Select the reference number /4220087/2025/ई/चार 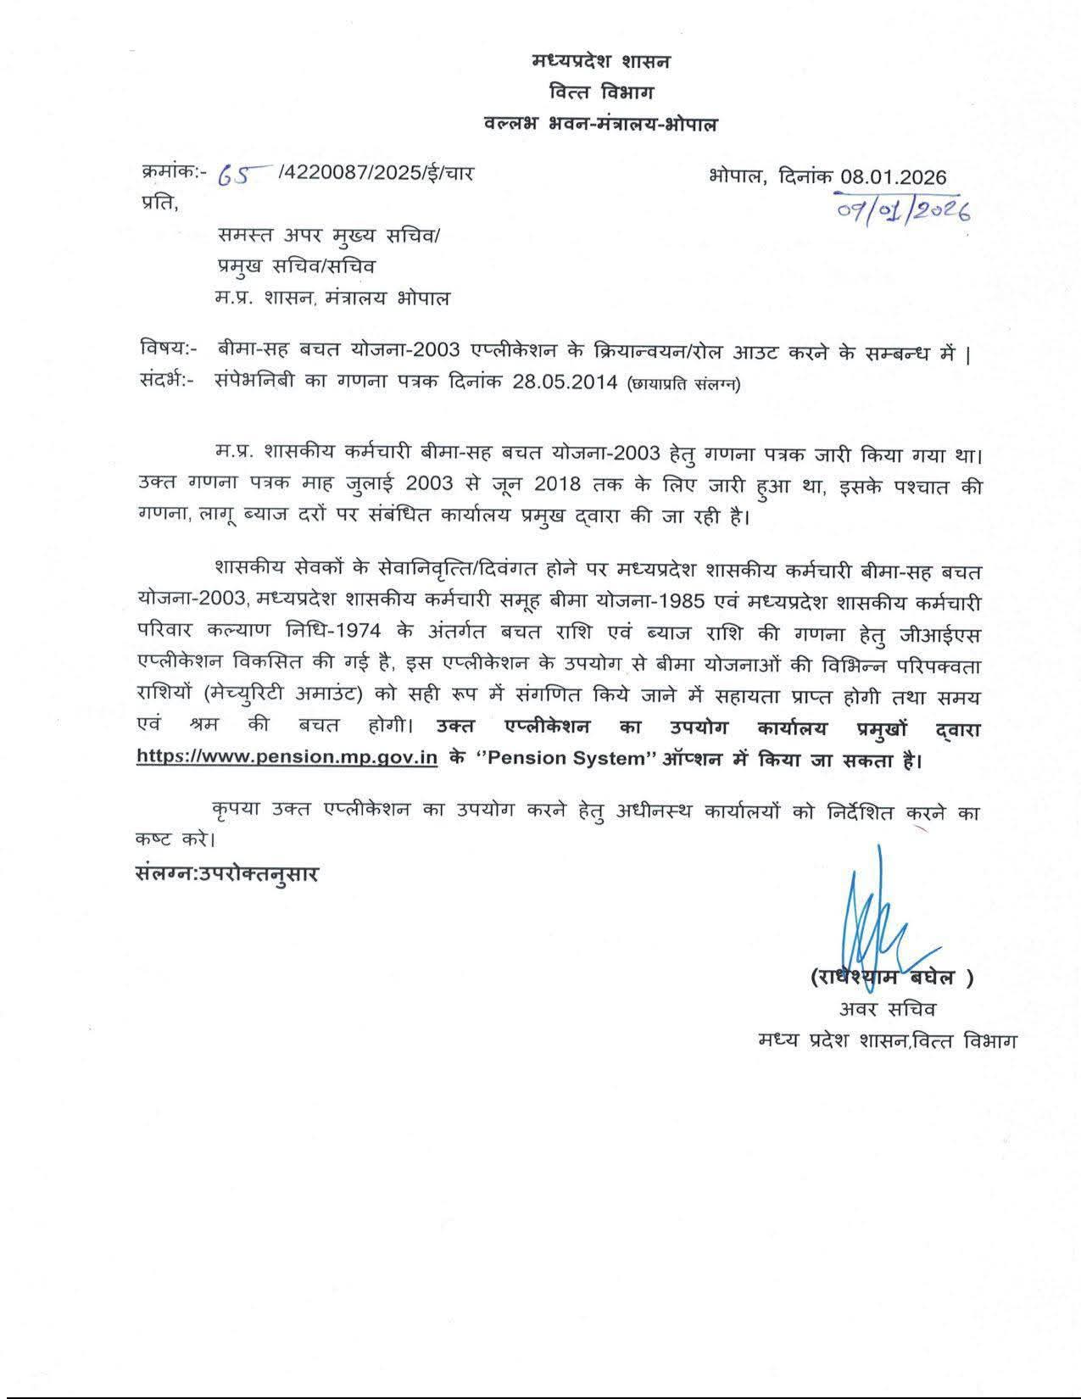[376, 174]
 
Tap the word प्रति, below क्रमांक [159, 203]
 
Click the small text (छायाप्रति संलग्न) [683, 383]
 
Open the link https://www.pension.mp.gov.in [287, 758]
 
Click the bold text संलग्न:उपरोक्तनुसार [227, 873]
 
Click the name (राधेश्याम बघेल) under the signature [890, 977]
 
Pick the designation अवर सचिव [888, 1009]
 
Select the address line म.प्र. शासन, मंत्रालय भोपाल [333, 298]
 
